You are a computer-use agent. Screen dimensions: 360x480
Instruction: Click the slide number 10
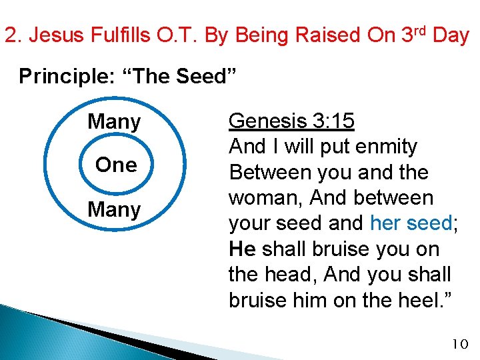(460, 344)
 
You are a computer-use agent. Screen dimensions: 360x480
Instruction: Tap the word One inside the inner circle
(116, 165)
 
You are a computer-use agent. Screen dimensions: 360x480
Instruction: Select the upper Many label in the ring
(114, 122)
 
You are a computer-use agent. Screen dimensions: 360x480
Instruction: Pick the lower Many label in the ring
(114, 210)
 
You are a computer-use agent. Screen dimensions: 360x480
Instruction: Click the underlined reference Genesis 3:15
(291, 121)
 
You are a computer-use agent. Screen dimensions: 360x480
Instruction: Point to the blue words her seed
(409, 223)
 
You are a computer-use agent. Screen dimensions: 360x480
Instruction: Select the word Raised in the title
(313, 35)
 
